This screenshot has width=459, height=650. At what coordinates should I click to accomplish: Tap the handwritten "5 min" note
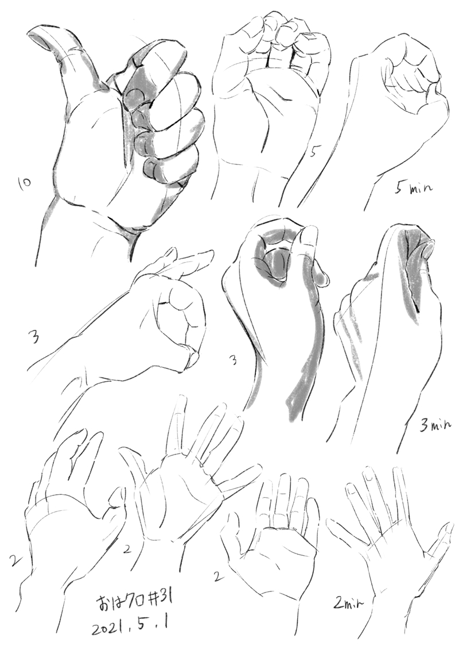413,189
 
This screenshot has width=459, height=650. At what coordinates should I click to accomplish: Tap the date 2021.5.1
131,628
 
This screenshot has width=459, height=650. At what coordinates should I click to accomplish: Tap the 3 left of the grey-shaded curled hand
233,361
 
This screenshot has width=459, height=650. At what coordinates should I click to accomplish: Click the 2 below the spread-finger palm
127,549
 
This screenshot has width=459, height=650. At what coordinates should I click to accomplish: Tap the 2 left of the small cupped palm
216,576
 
